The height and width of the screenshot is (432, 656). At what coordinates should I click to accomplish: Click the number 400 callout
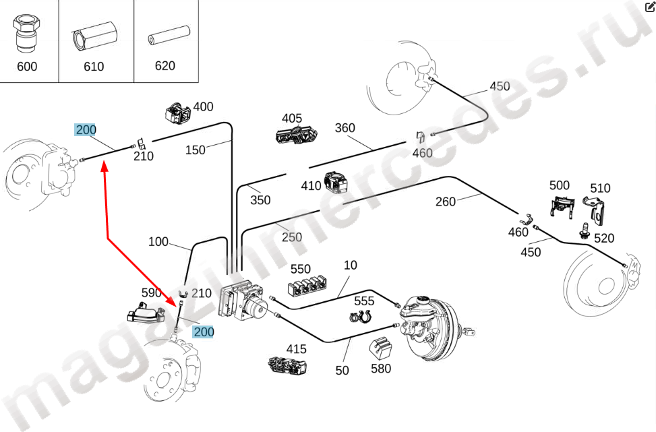click(x=203, y=106)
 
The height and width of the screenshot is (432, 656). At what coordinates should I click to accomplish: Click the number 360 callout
click(x=345, y=128)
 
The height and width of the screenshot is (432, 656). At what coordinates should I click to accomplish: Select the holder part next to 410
click(x=335, y=182)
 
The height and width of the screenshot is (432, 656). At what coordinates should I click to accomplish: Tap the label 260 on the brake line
click(x=446, y=201)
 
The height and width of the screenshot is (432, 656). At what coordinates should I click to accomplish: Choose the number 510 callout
click(x=600, y=188)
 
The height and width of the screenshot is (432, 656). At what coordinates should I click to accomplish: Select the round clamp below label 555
click(x=362, y=317)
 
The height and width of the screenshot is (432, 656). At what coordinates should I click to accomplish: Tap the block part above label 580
click(x=381, y=348)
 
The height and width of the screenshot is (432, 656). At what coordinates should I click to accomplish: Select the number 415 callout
click(x=296, y=349)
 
